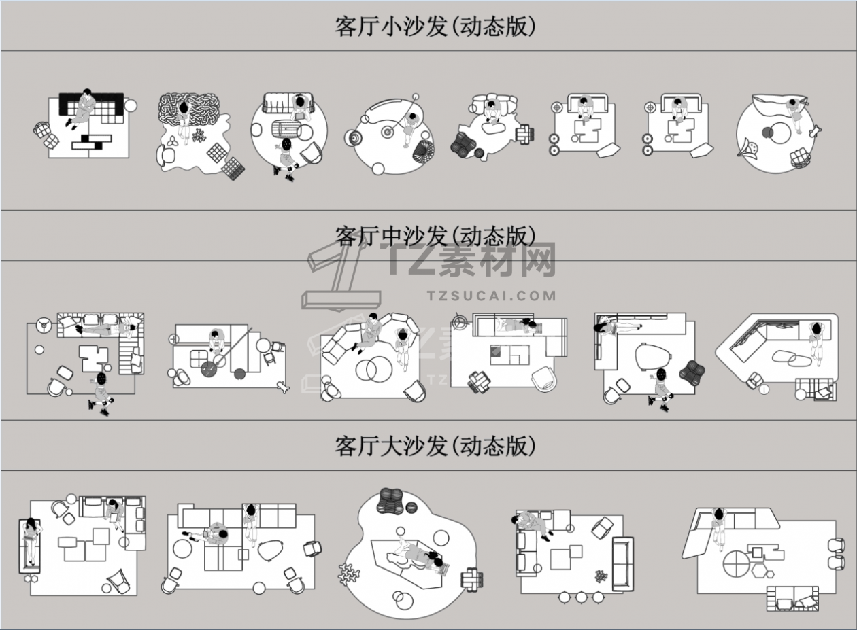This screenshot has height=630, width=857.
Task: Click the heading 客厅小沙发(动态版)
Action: tap(435, 27)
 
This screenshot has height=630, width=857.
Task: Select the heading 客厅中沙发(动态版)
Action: tap(435, 237)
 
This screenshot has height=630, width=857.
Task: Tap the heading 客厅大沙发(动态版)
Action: tap(435, 446)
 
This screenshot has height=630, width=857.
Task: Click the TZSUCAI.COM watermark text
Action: tap(491, 296)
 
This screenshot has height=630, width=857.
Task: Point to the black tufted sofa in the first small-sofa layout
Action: tap(92, 108)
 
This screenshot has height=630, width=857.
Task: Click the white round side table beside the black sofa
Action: tap(130, 105)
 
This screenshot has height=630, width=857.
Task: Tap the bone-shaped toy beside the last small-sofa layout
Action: tap(815, 131)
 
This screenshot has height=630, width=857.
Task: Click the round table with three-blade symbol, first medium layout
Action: tap(44, 326)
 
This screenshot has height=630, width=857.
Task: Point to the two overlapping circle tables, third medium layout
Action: tap(373, 370)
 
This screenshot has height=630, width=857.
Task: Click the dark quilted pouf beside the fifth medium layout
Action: tap(692, 371)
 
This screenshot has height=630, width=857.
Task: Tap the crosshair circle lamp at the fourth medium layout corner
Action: tap(458, 321)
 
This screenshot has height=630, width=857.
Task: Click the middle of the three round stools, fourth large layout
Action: tap(581, 597)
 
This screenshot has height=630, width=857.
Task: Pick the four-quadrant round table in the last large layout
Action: tap(737, 563)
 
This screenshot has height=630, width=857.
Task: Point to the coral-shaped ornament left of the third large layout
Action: tap(348, 574)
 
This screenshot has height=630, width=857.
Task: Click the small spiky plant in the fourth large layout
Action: tap(601, 576)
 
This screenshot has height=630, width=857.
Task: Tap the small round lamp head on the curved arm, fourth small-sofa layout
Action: tap(416, 97)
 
